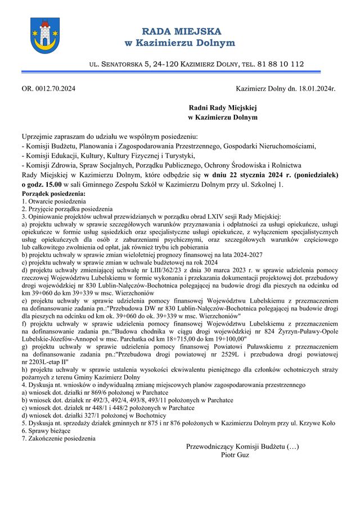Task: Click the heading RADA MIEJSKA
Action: [x=181, y=31]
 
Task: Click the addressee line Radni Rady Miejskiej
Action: [x=222, y=107]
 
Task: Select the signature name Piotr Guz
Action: [x=235, y=454]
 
